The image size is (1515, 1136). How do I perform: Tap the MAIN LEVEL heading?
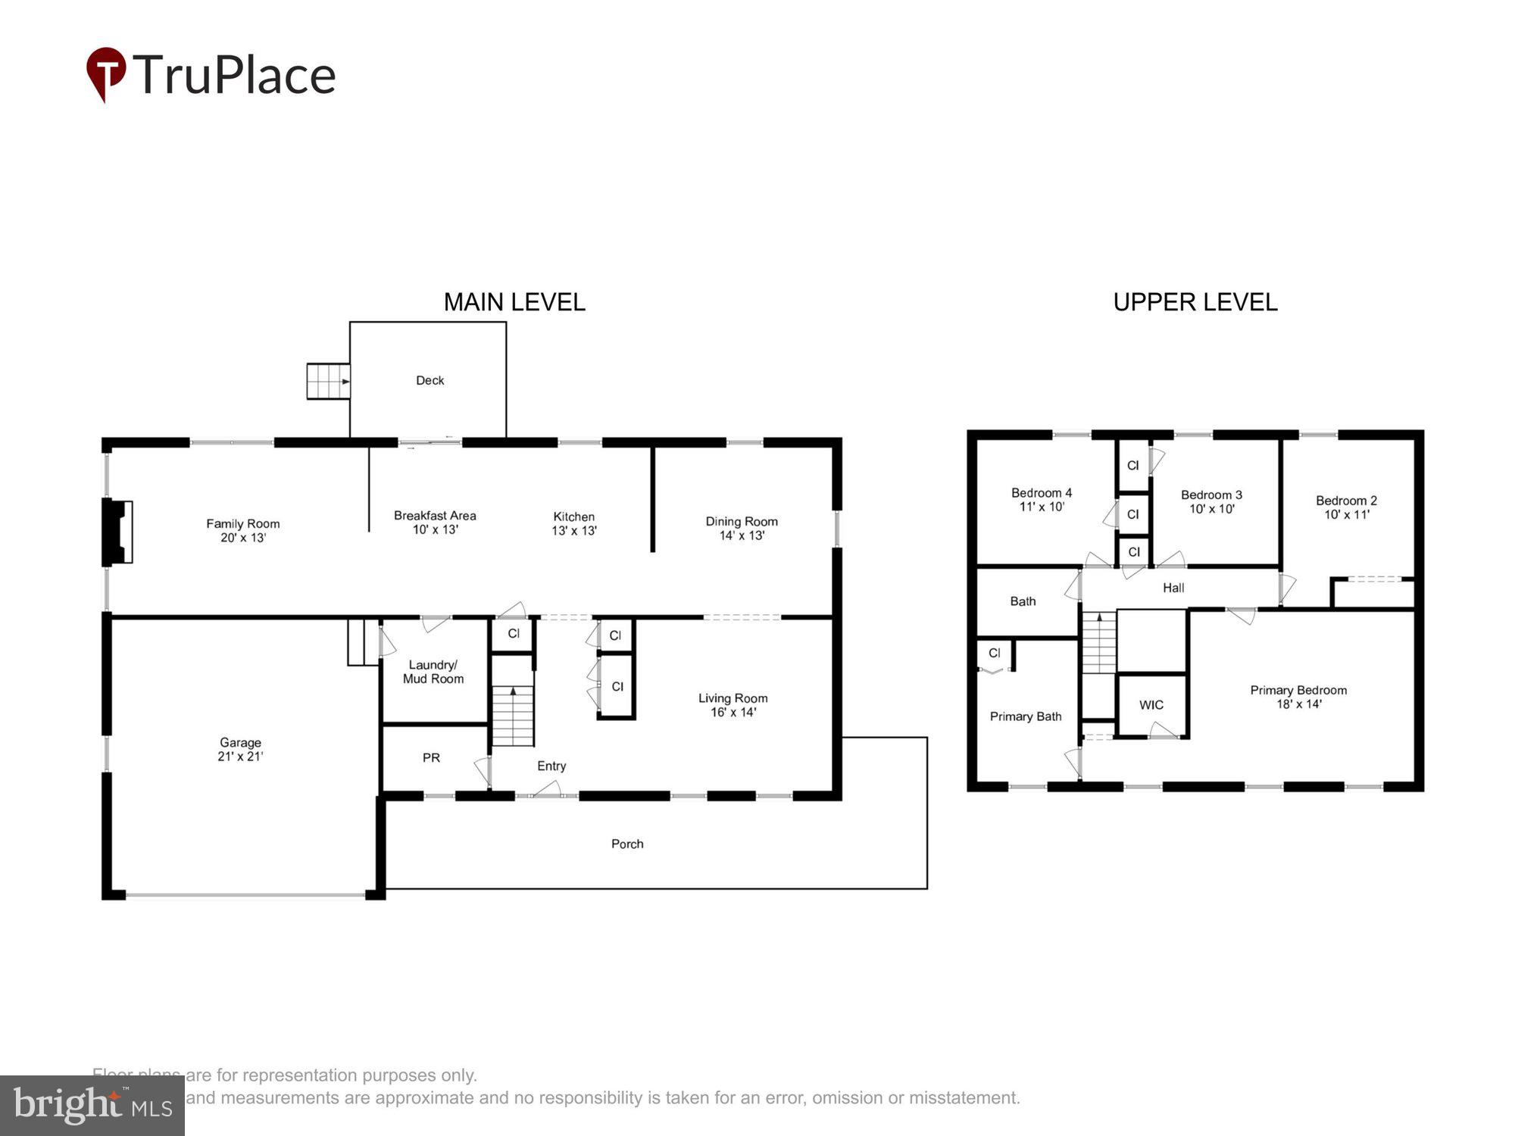coord(514,302)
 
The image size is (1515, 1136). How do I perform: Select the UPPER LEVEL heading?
coord(1195,302)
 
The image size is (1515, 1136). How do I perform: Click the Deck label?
coord(430,380)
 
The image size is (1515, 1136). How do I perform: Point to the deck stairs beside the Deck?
coord(327,381)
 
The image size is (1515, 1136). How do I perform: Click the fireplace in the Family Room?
coord(117,532)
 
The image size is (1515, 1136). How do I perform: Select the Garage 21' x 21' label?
coord(240,749)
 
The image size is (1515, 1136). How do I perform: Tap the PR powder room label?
coord(431,757)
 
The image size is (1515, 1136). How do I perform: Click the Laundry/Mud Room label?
coord(433,672)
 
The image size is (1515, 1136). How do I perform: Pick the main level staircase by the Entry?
coord(514,716)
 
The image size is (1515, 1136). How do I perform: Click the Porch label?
coord(627,844)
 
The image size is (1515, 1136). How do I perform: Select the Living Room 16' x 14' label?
coord(733,705)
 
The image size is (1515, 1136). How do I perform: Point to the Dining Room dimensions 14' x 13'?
coord(742,535)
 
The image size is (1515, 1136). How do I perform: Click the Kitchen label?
coord(573,517)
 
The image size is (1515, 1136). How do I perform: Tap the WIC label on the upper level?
coord(1151,705)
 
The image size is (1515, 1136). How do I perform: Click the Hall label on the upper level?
coord(1173,588)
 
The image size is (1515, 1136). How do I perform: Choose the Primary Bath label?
coord(1026,716)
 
